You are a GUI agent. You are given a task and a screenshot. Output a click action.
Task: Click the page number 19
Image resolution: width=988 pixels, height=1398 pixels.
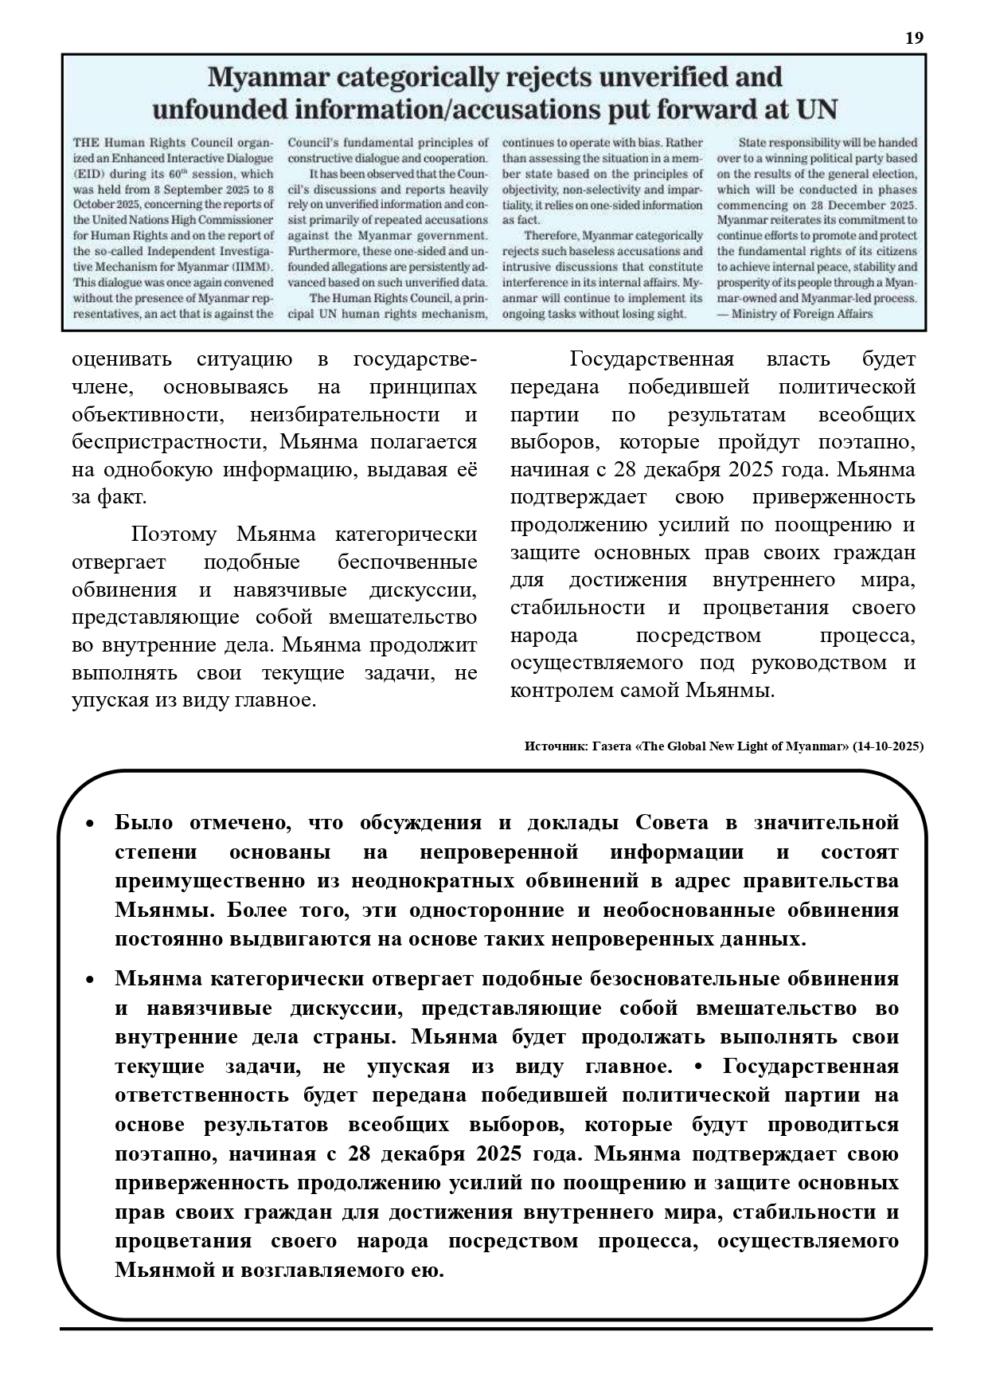coord(915,38)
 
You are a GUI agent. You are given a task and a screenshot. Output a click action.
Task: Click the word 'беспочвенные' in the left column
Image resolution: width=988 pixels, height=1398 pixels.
coord(407,562)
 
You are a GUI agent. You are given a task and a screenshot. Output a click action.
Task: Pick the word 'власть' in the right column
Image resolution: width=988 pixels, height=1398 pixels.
coord(798,359)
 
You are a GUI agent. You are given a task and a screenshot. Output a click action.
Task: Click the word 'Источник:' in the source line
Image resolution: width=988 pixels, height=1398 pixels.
coord(555,746)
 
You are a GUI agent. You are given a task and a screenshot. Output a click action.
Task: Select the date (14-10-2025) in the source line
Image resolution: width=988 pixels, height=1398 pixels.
coord(888,746)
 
